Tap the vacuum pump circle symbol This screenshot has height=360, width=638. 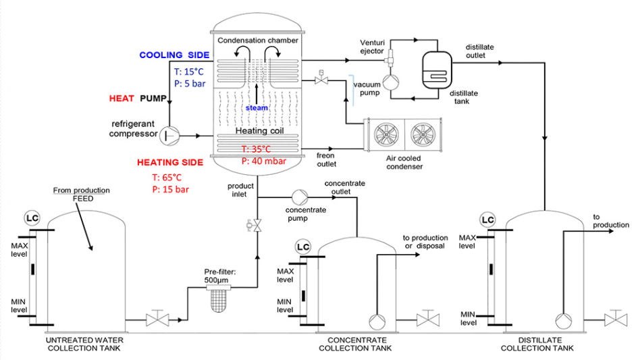[390, 82]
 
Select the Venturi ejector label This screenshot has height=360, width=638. [373, 45]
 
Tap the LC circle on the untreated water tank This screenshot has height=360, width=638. [32, 217]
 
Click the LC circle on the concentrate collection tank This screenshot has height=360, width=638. [302, 247]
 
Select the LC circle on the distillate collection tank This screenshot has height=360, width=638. [487, 220]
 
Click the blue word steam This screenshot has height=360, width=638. [257, 107]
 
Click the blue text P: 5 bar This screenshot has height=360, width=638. [191, 84]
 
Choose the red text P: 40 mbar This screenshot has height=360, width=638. [264, 161]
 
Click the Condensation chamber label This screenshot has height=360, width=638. [257, 41]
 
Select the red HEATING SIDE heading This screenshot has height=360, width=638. [169, 163]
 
